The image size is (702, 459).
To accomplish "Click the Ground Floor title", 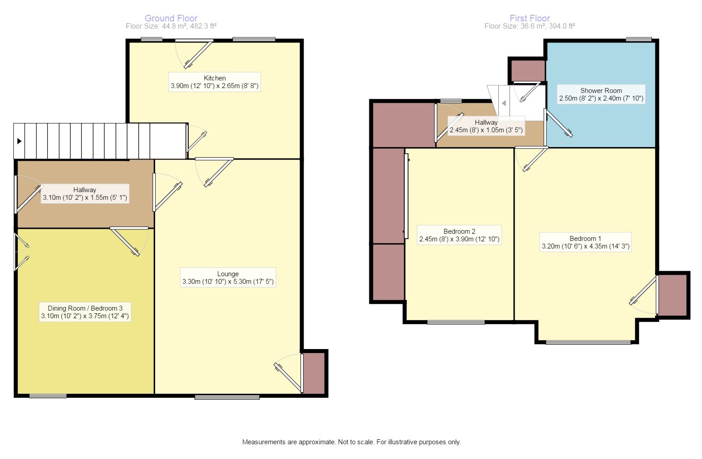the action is tap(171, 18).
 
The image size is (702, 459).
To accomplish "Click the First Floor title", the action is tap(530, 18).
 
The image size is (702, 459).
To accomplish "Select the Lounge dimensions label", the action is tap(228, 282).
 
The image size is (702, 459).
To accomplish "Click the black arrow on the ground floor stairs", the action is tap(19, 141).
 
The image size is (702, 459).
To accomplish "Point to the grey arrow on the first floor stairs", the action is tap(503, 103).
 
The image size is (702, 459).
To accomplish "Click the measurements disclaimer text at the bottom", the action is tap(351, 442).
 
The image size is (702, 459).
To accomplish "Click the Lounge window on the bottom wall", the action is tap(227, 397).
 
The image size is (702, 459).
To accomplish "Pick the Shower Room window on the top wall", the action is tap(639, 39).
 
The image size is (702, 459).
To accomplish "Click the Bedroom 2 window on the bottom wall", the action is tap(456, 322).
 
